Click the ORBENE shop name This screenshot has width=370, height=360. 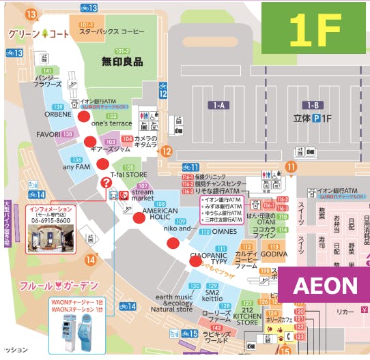[58, 115]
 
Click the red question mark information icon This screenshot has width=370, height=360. [105, 182]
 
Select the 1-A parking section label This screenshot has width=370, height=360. [220, 105]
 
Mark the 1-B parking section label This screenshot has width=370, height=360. [314, 105]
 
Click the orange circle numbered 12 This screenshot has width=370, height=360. [165, 151]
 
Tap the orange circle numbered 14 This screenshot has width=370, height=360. [91, 260]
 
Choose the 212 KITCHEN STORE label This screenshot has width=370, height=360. [246, 315]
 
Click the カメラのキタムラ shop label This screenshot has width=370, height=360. [145, 141]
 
